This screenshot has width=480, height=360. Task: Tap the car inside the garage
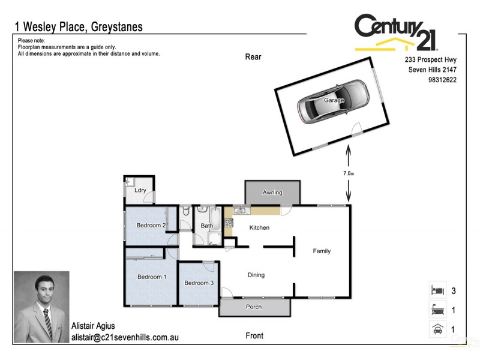[x=333, y=101]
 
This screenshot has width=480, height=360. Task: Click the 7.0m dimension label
[x=349, y=173]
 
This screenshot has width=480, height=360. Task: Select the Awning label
[x=272, y=193]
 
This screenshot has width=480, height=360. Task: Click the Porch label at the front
[x=254, y=307]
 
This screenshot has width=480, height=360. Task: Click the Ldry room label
[x=140, y=190]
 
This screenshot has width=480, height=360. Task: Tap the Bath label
[x=206, y=226]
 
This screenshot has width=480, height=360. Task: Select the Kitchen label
[x=259, y=228]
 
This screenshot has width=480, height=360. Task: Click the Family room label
[x=322, y=251]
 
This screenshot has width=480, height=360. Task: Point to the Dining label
[x=256, y=275]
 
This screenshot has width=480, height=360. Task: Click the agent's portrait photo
[x=41, y=307]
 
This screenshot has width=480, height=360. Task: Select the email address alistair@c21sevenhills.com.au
[x=125, y=338]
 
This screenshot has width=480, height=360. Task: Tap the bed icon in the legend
[x=436, y=290]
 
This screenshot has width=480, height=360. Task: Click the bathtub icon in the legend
[x=436, y=310]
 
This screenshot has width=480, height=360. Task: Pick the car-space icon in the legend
[x=436, y=329]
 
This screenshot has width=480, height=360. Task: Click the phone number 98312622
[x=443, y=79]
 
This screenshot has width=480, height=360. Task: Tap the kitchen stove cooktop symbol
[x=229, y=223]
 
